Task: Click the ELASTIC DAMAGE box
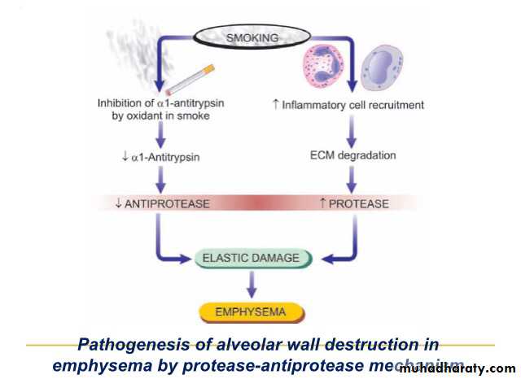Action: click(x=254, y=259)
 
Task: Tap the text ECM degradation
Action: click(x=353, y=155)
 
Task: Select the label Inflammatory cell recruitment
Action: click(x=352, y=105)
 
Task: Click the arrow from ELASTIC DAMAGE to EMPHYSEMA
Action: click(x=252, y=284)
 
